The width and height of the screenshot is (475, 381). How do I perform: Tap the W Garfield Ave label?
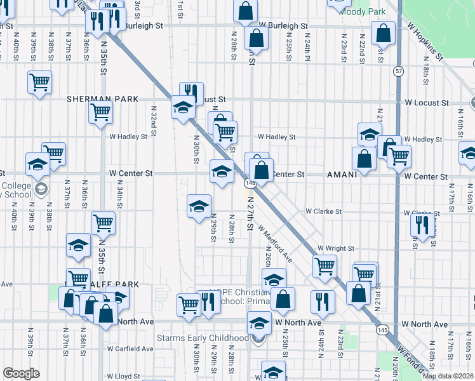click(130, 349)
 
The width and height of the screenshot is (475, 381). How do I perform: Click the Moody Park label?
click(363, 11)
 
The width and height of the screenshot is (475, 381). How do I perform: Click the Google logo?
click(21, 373)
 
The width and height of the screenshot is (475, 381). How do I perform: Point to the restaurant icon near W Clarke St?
click(422, 224)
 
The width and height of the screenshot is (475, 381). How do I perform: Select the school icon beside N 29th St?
click(199, 206)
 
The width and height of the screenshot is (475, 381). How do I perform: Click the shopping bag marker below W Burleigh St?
click(255, 37)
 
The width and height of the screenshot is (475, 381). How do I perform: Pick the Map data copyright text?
click(447, 375)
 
